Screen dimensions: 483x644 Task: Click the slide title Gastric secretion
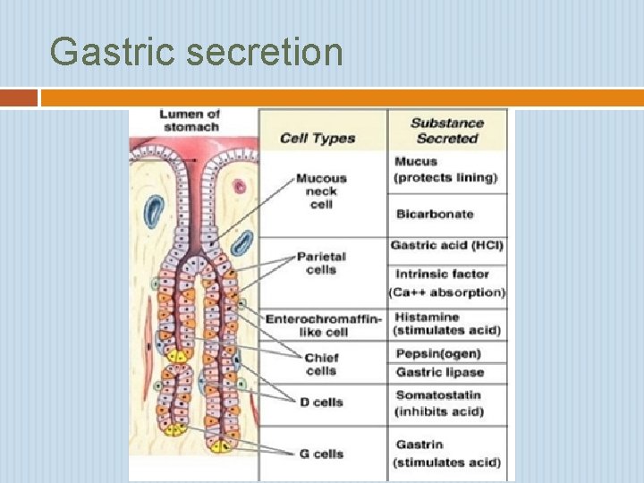[196, 52]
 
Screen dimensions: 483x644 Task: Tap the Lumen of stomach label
[191, 121]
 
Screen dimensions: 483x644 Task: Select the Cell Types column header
[318, 138]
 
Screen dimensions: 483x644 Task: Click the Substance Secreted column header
[447, 131]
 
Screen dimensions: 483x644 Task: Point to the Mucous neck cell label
[321, 191]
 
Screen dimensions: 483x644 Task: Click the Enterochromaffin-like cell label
[323, 326]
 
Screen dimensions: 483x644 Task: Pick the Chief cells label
[321, 364]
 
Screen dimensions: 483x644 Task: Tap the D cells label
[321, 402]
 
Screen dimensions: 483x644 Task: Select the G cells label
[321, 453]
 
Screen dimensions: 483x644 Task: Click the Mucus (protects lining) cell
[445, 169]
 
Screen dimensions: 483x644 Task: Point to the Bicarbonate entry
[434, 214]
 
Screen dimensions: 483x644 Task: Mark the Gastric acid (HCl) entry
[447, 246]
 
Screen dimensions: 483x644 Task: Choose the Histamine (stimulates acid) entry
[446, 324]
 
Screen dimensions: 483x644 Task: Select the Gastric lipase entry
[439, 372]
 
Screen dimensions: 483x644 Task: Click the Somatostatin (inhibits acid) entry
[438, 402]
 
